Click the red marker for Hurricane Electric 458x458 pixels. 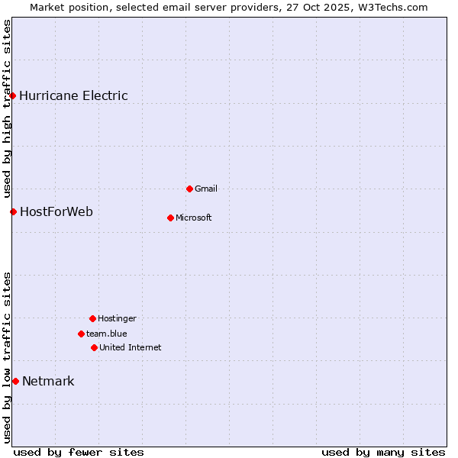[x=13, y=95]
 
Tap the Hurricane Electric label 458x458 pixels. [x=73, y=96]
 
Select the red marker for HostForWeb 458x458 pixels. [x=13, y=211]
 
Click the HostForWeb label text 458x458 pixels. [x=56, y=212]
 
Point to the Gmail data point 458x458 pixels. [x=189, y=189]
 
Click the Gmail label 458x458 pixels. [x=206, y=189]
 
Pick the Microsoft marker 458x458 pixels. [x=170, y=218]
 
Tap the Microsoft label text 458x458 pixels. [x=193, y=218]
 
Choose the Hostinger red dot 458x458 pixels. [x=92, y=318]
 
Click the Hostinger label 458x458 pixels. [x=117, y=319]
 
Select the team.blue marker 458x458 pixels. [x=81, y=334]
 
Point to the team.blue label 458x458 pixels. [x=106, y=334]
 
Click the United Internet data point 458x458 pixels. [x=94, y=347]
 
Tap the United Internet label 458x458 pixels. [x=130, y=348]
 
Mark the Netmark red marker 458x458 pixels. [x=15, y=381]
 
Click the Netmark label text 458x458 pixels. [x=48, y=382]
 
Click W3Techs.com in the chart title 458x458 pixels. [x=390, y=8]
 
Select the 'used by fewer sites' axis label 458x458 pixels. [x=79, y=452]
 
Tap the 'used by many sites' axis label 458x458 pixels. [x=382, y=452]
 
